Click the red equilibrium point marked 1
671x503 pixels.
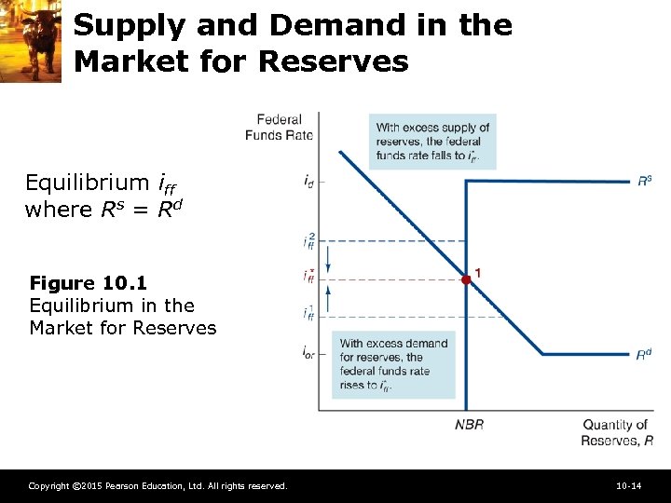[x=466, y=279]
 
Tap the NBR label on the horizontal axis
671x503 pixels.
[x=469, y=425]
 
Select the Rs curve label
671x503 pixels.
[x=644, y=181]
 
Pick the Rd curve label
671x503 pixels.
[x=644, y=355]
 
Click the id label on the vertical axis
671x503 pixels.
[x=308, y=182]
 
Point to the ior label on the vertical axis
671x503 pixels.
[x=308, y=353]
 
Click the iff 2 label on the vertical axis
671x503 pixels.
[x=308, y=241]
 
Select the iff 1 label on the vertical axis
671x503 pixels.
[x=308, y=314]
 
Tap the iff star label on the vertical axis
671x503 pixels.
[x=308, y=276]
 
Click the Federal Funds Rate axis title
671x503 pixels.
[x=279, y=127]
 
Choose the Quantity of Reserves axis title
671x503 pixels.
[x=615, y=432]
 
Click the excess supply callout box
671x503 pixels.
[x=432, y=142]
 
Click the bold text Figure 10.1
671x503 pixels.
[x=89, y=282]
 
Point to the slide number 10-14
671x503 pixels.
[x=628, y=486]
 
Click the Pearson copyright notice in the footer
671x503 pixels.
[x=157, y=486]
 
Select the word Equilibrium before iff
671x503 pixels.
[x=87, y=182]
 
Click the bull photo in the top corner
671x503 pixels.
[x=31, y=41]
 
